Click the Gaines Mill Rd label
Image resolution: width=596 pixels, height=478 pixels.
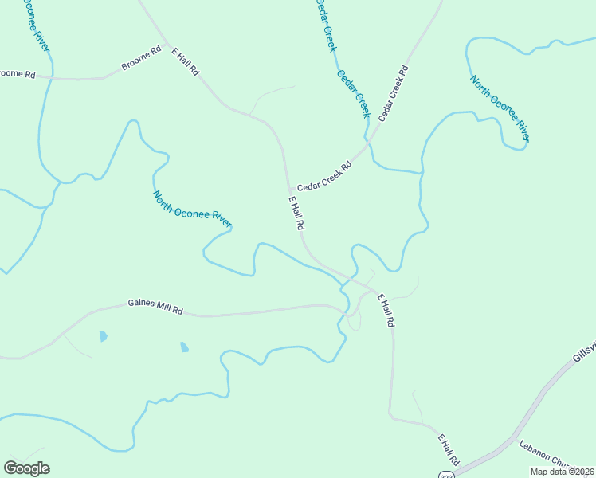(155, 307)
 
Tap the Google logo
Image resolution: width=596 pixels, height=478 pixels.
(26, 468)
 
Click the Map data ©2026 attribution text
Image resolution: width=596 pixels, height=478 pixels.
(563, 472)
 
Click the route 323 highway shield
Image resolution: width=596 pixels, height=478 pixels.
(446, 474)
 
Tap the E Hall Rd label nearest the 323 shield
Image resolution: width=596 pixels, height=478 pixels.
(449, 449)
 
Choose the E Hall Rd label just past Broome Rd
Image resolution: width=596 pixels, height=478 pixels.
(185, 61)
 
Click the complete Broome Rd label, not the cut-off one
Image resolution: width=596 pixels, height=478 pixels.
(141, 61)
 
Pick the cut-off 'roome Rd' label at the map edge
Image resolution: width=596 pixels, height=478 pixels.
(18, 74)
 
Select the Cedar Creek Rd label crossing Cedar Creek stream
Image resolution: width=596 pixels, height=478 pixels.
(394, 92)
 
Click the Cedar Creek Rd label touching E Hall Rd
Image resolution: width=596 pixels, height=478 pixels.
(324, 176)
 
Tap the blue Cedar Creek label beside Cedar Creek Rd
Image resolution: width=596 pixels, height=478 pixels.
(355, 93)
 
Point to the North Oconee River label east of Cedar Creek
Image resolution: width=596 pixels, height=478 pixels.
(500, 110)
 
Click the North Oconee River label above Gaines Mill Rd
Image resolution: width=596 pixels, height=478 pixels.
(191, 209)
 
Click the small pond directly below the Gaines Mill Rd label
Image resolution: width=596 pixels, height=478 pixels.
(184, 347)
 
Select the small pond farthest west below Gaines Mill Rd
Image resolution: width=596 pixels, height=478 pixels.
(103, 336)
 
